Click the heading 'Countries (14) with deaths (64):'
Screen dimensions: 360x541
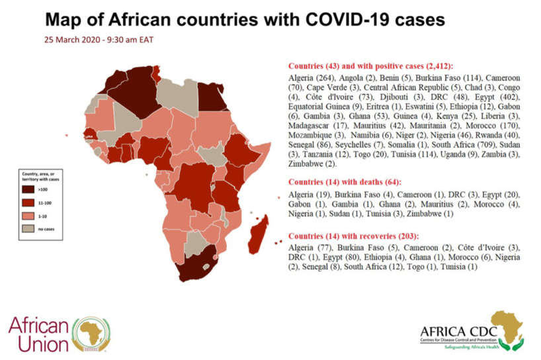tap(345, 182)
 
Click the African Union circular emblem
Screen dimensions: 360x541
tap(91, 333)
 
